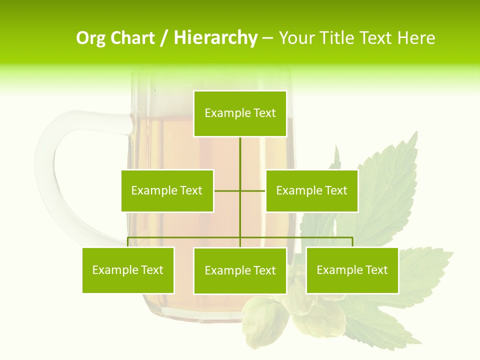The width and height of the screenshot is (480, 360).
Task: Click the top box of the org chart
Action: coord(240,113)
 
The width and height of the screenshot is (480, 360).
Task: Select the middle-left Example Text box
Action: coord(167,190)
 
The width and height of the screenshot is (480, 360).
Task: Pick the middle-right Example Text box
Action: coord(311,190)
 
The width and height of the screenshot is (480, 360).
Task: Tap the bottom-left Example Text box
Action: coord(128,270)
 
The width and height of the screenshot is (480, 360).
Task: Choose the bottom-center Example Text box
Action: coord(240,270)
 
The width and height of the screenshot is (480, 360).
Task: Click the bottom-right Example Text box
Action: coord(352,270)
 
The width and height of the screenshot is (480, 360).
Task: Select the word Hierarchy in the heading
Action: coord(215,38)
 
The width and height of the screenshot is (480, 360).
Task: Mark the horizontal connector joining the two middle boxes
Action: coord(240,190)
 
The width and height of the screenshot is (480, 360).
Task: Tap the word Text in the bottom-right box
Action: coord(376,270)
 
